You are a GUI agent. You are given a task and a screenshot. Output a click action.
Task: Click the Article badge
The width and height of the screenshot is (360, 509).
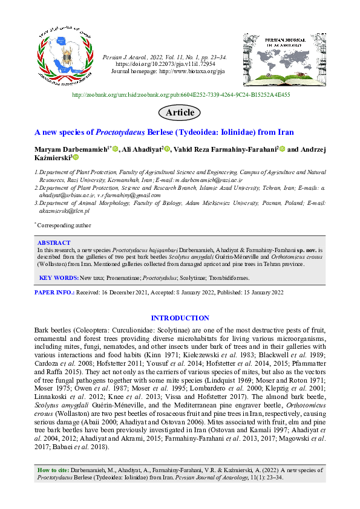point(180,112)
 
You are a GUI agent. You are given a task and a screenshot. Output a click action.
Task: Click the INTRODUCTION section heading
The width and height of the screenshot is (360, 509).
point(180,318)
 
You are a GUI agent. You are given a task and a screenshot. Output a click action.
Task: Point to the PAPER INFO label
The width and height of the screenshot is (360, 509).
point(53,293)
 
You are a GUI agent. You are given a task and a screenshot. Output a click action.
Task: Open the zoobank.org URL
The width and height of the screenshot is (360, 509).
point(180,95)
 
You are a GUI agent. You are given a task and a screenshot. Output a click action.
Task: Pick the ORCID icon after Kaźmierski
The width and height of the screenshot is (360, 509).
point(76,158)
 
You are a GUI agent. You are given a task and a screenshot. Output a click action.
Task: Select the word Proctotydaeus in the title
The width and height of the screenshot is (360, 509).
point(110,132)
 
